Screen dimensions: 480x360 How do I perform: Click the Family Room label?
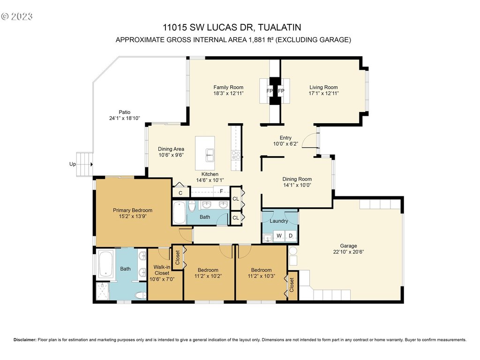pos(228,87)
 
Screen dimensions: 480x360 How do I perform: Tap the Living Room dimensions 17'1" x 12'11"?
pos(323,93)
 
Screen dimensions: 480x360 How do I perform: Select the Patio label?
pos(125,112)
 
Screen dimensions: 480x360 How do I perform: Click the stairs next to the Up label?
pos(84,165)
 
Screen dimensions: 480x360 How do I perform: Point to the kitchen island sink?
pos(210,155)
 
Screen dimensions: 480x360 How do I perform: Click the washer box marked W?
pos(279,235)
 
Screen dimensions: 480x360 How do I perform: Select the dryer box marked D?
pos(291,235)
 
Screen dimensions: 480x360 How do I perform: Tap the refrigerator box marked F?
pos(221,192)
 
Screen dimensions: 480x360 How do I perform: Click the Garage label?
pos(348,246)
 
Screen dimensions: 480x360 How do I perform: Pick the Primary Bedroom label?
pos(133,210)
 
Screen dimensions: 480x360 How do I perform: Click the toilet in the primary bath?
pos(142,296)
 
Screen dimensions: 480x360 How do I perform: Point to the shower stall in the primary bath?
pos(103,291)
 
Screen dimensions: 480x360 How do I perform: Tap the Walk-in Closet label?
pos(162,270)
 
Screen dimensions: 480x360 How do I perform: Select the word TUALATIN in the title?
pos(279,27)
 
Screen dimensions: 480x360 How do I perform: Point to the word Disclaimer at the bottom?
pos(25,340)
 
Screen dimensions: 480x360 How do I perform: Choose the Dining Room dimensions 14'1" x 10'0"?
pos(297,185)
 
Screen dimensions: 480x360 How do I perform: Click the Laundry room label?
pos(279,221)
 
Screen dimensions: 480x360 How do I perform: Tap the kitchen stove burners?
pos(236,155)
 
